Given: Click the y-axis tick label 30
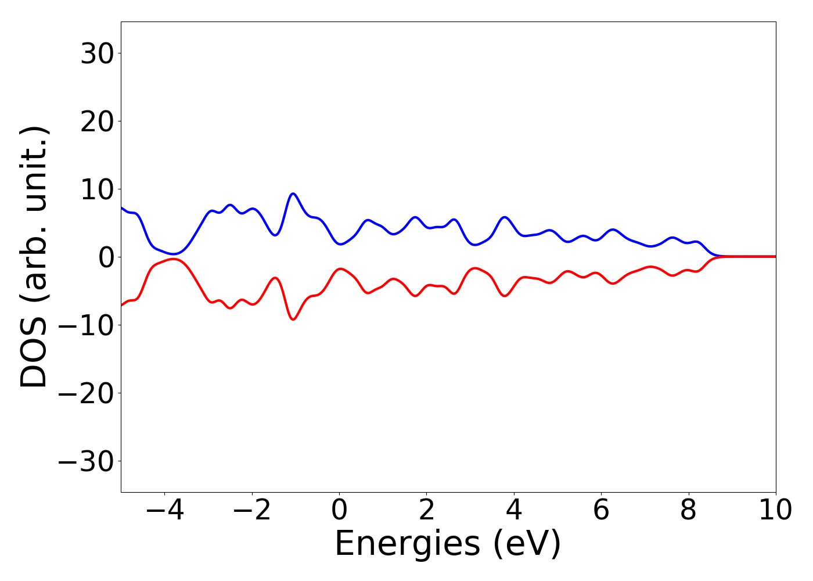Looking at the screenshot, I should (x=97, y=54).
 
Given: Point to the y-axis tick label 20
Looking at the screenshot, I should (x=97, y=122).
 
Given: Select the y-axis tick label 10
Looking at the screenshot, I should (x=97, y=190).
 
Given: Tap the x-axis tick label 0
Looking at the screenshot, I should (x=339, y=511).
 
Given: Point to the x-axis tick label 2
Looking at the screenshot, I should (x=427, y=511).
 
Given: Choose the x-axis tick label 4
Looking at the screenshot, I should (x=514, y=511).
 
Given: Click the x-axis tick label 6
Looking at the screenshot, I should (x=601, y=511).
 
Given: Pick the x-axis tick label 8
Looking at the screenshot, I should (x=688, y=511).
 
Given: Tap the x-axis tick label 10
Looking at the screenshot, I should (x=775, y=511).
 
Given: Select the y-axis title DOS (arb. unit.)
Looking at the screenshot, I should (x=35, y=257).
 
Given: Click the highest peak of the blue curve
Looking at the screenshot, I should (x=293, y=193).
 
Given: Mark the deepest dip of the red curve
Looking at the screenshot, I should (x=293, y=320).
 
